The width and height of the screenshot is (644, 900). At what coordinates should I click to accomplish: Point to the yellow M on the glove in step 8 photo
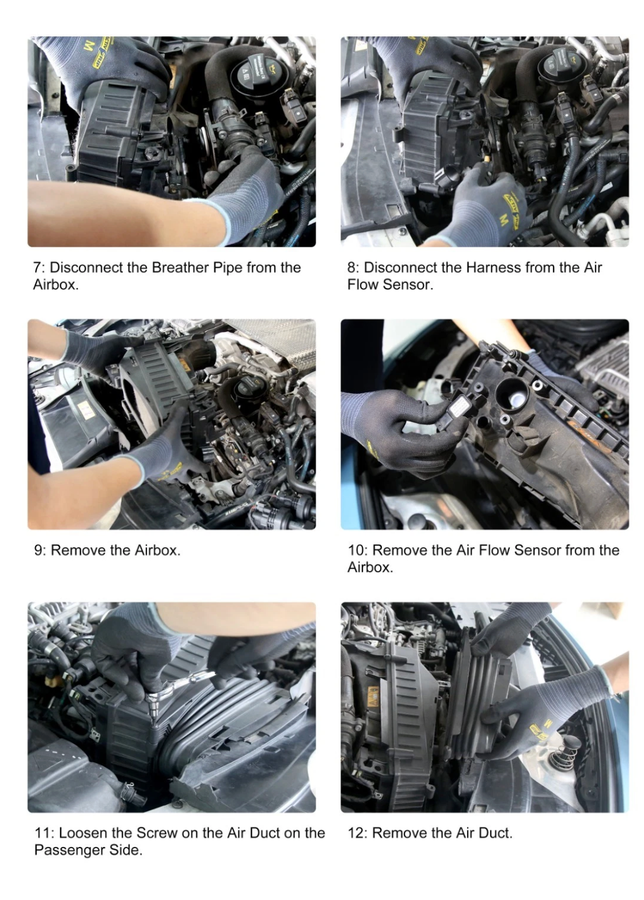click(503, 218)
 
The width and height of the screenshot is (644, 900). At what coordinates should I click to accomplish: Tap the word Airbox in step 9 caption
click(157, 550)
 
